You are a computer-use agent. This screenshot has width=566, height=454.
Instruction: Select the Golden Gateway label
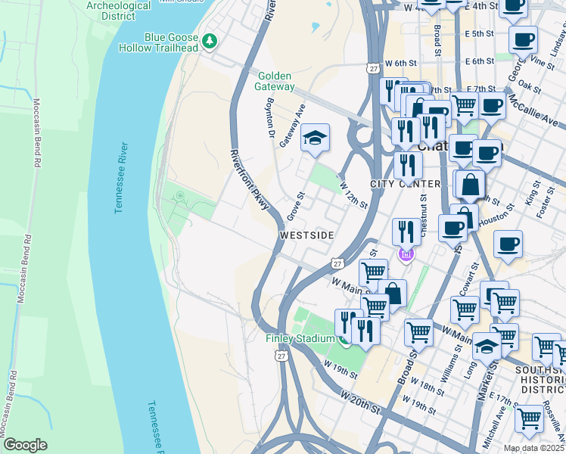click(275, 82)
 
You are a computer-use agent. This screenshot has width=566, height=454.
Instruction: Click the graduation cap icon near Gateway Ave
click(315, 137)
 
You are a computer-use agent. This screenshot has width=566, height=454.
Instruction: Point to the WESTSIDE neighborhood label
click(306, 236)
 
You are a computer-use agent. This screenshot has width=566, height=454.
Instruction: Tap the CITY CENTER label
click(405, 185)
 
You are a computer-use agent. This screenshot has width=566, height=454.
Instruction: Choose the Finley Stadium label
click(300, 338)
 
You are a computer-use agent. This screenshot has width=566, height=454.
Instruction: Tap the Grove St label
click(294, 207)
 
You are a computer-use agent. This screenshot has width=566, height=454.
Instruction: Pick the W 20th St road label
click(360, 403)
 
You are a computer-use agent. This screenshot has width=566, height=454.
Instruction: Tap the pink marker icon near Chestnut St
click(406, 255)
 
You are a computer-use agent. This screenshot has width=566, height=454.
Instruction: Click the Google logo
click(25, 445)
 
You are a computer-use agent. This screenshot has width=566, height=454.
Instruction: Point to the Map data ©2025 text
click(533, 448)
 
